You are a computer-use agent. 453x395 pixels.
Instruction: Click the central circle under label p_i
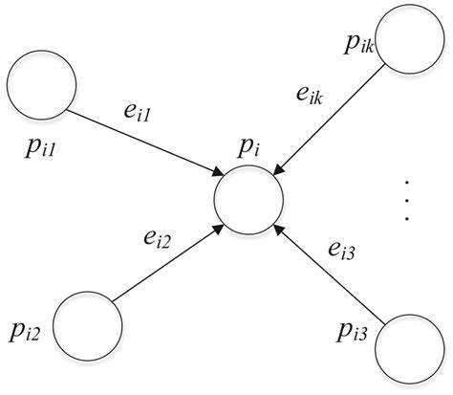(x=249, y=202)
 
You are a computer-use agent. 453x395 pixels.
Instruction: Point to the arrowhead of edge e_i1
(x=214, y=171)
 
